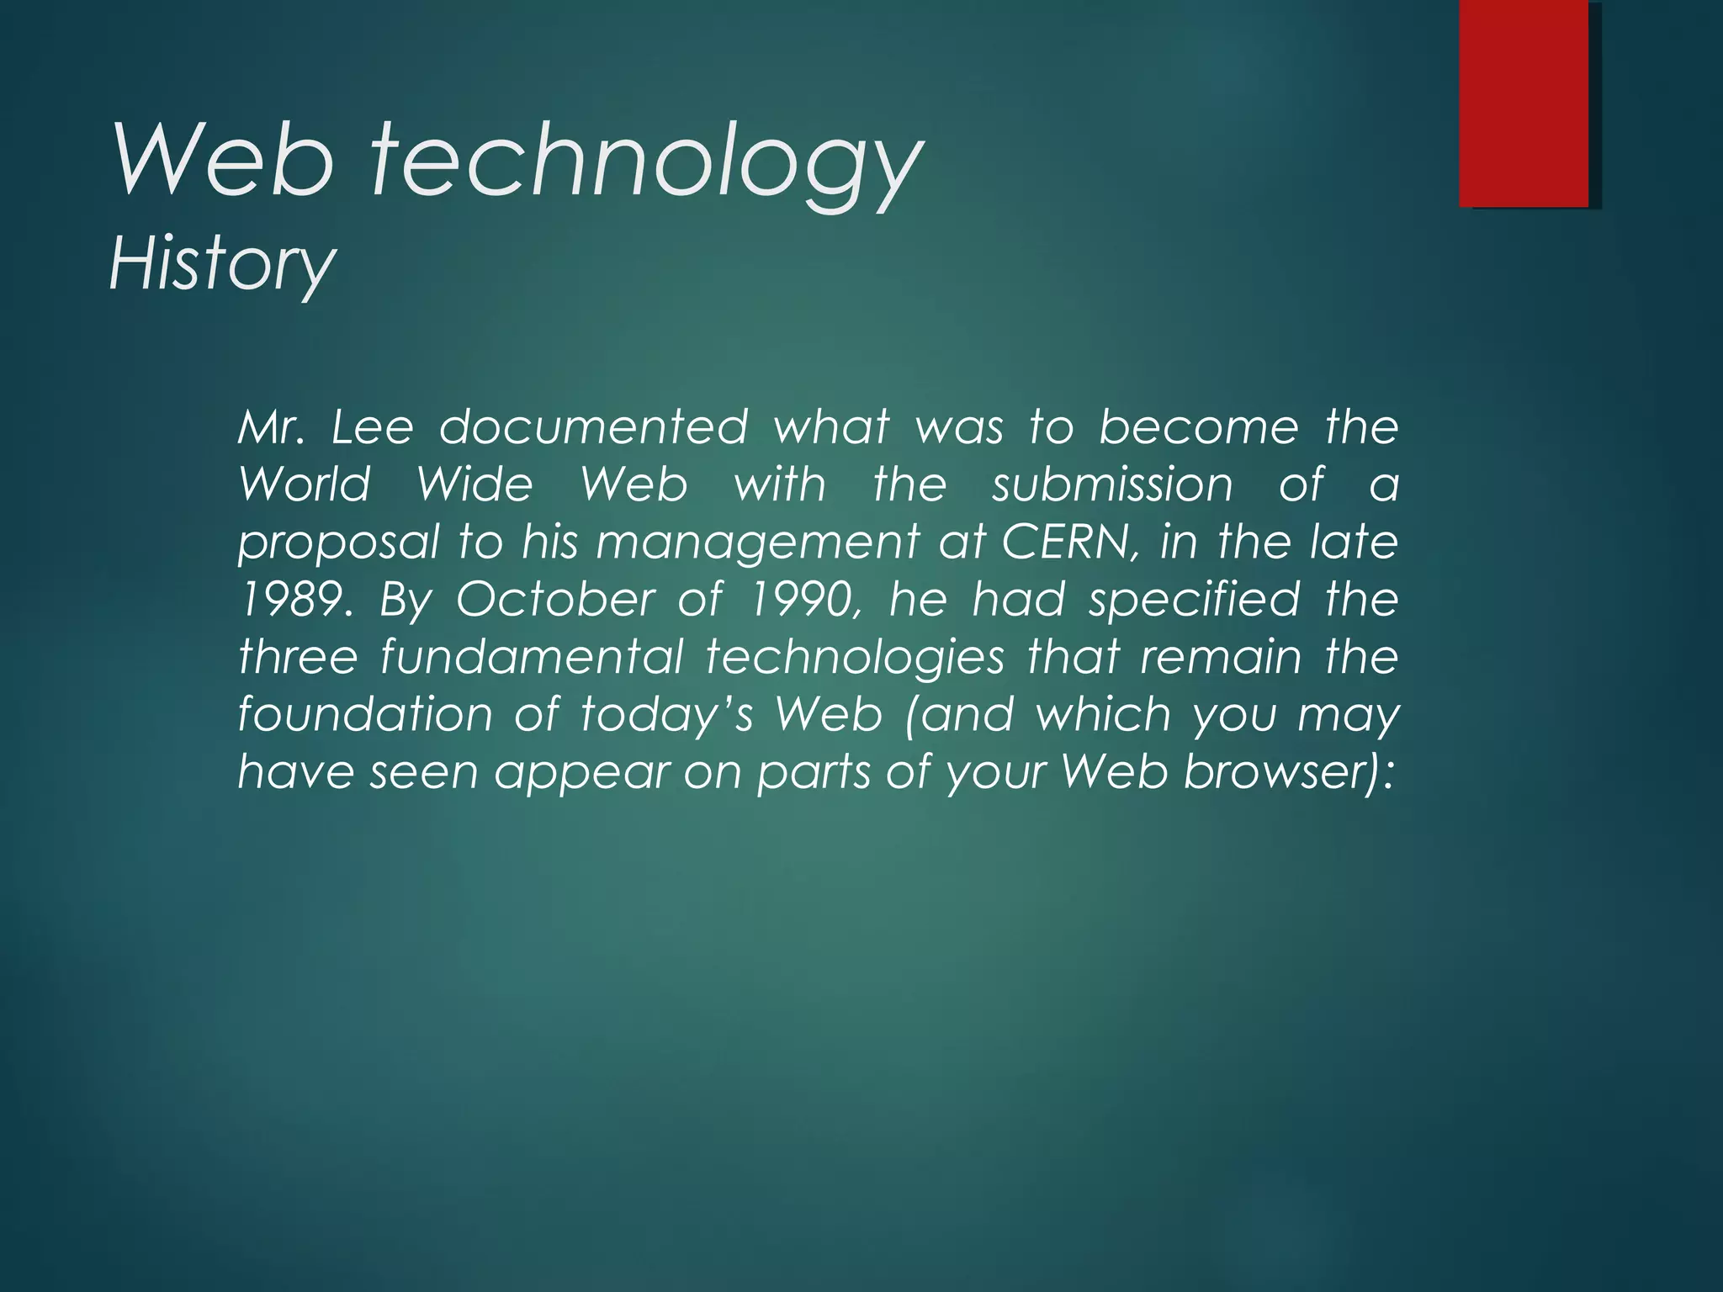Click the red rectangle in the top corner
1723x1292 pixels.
pyautogui.click(x=1524, y=103)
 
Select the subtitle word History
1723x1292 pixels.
pyautogui.click(x=222, y=263)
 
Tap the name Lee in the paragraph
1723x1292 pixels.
pyautogui.click(x=372, y=427)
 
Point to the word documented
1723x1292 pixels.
pyautogui.click(x=593, y=427)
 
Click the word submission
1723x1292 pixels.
pyautogui.click(x=1112, y=484)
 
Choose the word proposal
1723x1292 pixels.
pyautogui.click(x=338, y=543)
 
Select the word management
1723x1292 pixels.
pyautogui.click(x=757, y=543)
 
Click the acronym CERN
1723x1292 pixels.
pyautogui.click(x=1067, y=543)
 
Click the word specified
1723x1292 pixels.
pyautogui.click(x=1194, y=600)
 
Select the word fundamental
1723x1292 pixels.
pyautogui.click(x=532, y=657)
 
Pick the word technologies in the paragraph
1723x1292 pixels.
pyautogui.click(x=855, y=657)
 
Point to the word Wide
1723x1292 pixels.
pyautogui.click(x=474, y=484)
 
